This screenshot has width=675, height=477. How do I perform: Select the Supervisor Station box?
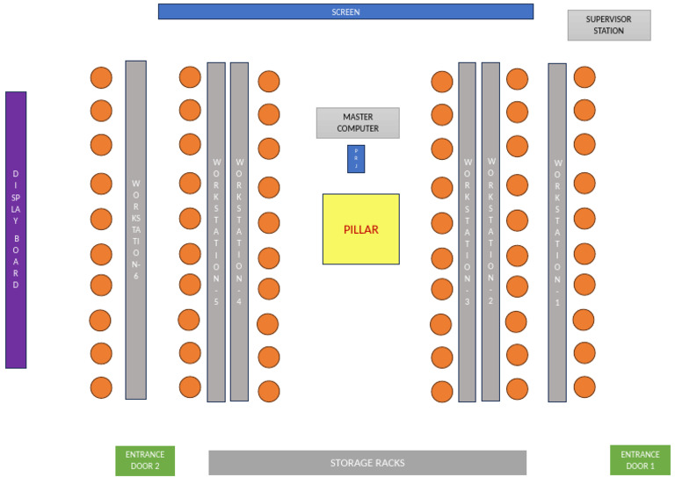click(x=608, y=25)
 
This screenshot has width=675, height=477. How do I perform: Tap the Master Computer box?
click(x=358, y=123)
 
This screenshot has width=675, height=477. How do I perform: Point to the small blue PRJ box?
click(x=356, y=159)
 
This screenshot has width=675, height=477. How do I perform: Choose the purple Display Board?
click(x=16, y=229)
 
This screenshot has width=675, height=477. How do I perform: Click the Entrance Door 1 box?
click(x=640, y=460)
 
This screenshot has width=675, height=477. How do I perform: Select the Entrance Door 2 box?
click(x=145, y=460)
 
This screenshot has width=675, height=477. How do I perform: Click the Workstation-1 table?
click(x=556, y=232)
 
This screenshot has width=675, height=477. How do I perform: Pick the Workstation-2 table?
click(x=490, y=232)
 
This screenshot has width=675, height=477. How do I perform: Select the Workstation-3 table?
click(x=467, y=232)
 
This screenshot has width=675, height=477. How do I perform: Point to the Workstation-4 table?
click(x=239, y=231)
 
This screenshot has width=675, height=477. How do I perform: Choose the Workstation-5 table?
click(x=216, y=231)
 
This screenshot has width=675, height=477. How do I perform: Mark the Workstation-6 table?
click(x=135, y=229)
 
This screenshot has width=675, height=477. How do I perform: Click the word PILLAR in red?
click(x=360, y=229)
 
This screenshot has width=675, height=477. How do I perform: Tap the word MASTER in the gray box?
click(x=358, y=117)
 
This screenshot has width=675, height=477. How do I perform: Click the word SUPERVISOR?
click(x=608, y=19)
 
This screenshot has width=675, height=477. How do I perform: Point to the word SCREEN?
click(x=345, y=12)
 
